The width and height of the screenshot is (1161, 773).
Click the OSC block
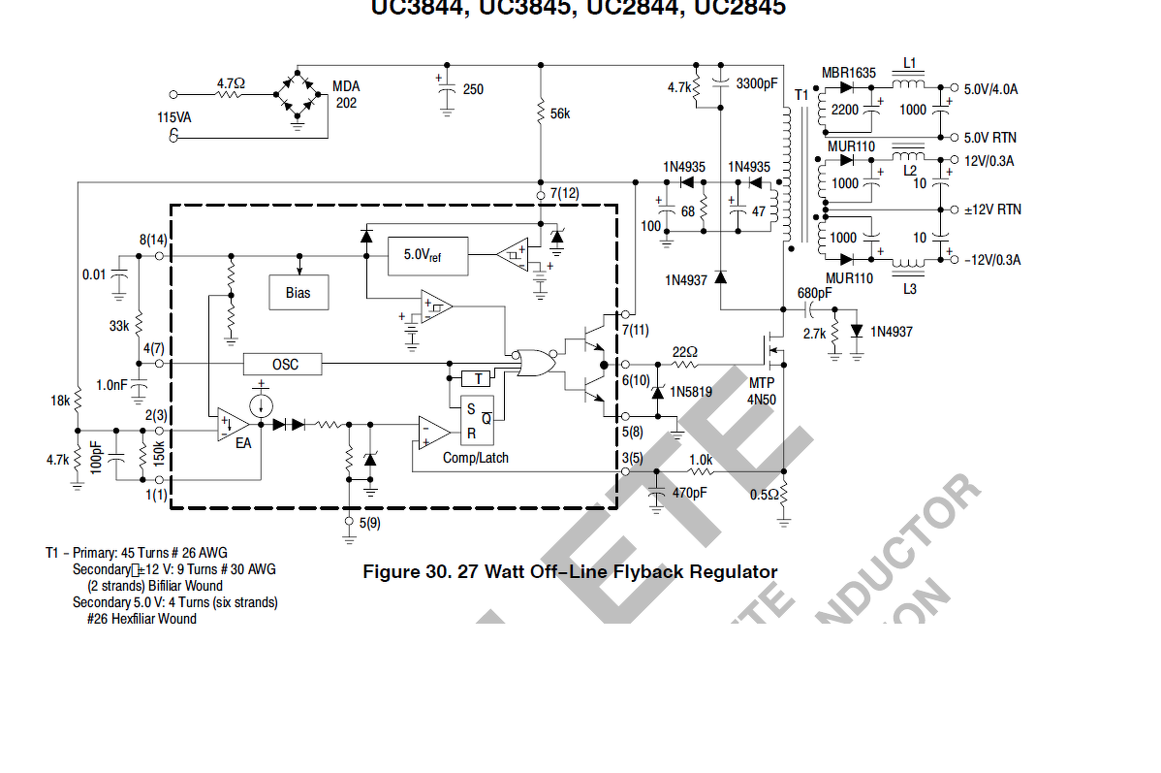point(285,365)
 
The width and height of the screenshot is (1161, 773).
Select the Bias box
point(298,292)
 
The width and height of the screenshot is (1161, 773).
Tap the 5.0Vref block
point(427,255)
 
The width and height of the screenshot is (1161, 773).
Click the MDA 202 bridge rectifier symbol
point(297,95)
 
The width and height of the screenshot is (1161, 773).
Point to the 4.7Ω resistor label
point(231,83)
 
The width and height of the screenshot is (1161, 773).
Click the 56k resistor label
point(559,113)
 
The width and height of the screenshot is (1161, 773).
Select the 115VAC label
point(174,117)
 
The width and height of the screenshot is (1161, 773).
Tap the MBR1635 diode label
point(848,73)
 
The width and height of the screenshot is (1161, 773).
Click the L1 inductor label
point(909,62)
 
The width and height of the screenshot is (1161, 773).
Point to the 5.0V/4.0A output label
point(990,89)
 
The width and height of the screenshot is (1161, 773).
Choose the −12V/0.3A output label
point(992,260)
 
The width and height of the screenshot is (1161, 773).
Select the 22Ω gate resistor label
point(685,351)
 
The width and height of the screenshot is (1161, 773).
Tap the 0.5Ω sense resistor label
point(763,493)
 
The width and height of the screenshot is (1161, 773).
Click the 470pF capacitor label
point(689,493)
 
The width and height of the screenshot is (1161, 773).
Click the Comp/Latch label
point(475,457)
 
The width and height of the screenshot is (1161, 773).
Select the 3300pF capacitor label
point(757,83)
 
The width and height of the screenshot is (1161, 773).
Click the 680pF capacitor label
point(814,293)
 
